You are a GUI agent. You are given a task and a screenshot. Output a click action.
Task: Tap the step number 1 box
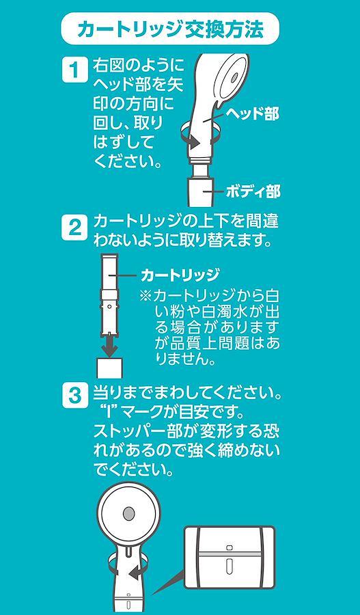pos(74,70)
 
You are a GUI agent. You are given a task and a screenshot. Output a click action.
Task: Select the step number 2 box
pos(74,228)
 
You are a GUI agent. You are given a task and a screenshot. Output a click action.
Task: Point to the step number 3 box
pos(74,396)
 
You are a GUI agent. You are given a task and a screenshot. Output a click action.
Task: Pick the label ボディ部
pos(253,192)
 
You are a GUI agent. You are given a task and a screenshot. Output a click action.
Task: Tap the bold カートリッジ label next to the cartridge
pos(180,275)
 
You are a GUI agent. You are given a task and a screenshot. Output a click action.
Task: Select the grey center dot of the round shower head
pos(128,513)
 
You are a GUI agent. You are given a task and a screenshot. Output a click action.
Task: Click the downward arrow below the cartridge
pos(110,345)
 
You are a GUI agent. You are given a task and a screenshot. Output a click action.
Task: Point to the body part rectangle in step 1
pos(201,192)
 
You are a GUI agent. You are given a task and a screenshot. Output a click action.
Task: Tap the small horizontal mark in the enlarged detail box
pos(230,547)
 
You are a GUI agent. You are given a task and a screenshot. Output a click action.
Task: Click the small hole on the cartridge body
pos(109,305)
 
